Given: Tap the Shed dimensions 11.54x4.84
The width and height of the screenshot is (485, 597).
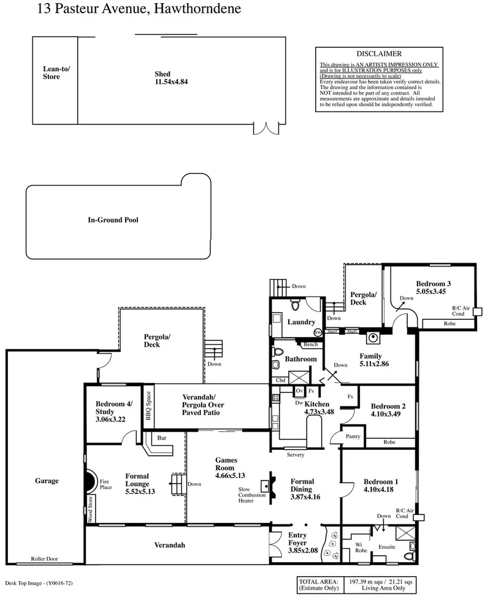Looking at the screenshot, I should (170, 82).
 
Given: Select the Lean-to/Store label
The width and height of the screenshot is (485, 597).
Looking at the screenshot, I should (56, 73).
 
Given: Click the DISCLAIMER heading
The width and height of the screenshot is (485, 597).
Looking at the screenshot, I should (379, 54).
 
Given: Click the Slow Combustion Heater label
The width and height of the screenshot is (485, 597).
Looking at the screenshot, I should (253, 495).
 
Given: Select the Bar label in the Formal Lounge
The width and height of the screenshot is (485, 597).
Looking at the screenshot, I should (162, 438).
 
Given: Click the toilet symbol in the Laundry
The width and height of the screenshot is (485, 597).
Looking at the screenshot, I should (296, 305).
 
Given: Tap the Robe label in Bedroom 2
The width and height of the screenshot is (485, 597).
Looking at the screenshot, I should (389, 441).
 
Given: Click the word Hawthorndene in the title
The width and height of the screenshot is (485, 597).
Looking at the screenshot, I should (188, 9).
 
